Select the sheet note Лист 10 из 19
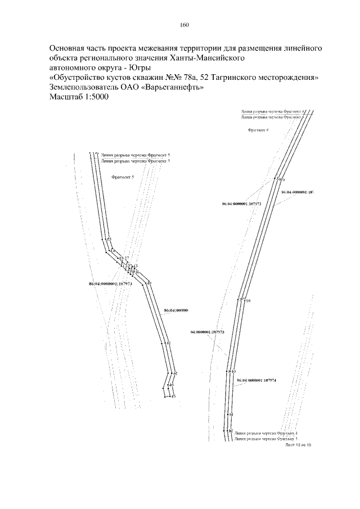click(298, 444)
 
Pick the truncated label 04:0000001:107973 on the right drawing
click(208, 332)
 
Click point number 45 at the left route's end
click(173, 397)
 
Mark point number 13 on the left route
click(109, 240)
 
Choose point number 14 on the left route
click(113, 250)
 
